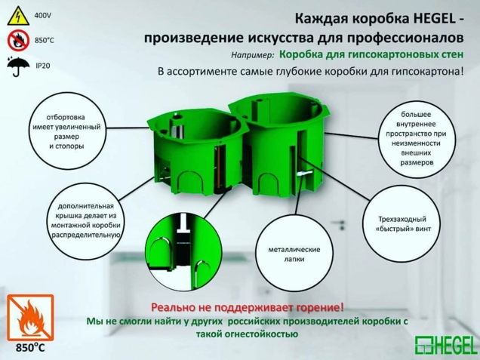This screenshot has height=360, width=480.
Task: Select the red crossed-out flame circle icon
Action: click(15, 40)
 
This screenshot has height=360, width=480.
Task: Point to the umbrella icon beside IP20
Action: click(15, 67)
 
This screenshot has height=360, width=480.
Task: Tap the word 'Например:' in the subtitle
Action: click(253, 56)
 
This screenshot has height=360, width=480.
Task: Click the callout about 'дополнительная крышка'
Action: click(85, 220)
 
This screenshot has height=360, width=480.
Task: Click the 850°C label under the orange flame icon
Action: click(30, 349)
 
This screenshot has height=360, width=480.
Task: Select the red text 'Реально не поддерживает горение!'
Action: click(247, 307)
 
